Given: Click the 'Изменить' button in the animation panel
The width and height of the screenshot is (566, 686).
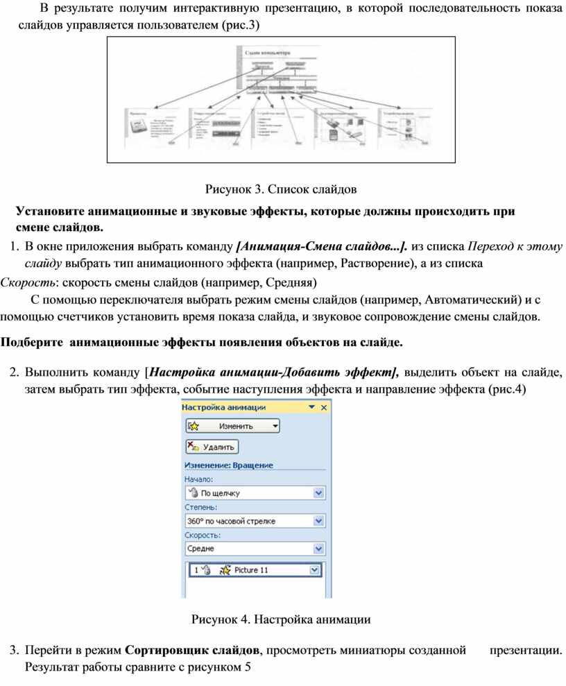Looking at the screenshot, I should click(232, 425).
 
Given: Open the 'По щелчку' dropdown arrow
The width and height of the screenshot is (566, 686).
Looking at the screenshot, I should click(319, 493).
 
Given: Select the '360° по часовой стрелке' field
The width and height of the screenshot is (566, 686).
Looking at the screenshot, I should click(250, 520).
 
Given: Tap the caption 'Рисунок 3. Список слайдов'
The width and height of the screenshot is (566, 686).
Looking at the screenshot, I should click(281, 188).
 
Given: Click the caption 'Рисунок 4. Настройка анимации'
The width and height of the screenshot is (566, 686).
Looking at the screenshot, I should click(281, 619).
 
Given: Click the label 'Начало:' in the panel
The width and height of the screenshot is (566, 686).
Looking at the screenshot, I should click(198, 479).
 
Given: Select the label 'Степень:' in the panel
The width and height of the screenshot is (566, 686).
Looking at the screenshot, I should click(200, 507).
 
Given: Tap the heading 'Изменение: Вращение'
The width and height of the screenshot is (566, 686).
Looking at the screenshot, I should click(228, 465).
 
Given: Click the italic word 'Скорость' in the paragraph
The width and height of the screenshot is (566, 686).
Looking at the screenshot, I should click(27, 282).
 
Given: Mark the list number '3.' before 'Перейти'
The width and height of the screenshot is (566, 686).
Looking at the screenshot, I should click(14, 650).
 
